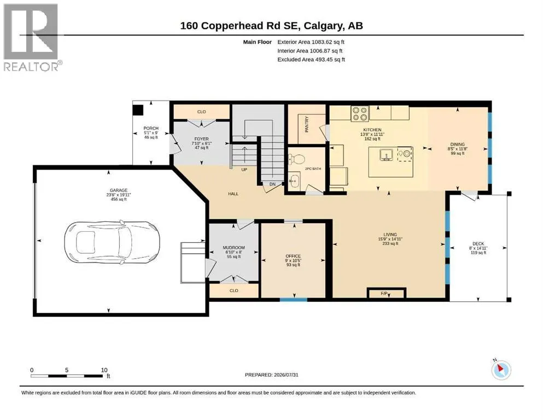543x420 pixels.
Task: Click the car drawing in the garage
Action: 112,243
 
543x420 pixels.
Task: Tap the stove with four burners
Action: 360,114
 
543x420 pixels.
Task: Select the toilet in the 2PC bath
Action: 296,159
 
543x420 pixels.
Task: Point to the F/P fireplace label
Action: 384,294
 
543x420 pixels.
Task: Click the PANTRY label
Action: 307,124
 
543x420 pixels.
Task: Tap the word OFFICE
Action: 293,256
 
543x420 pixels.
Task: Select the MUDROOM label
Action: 233,248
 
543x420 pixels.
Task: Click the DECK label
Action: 478,244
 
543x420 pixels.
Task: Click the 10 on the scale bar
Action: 104,370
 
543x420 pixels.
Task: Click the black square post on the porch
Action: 138,110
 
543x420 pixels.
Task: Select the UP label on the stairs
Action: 244,170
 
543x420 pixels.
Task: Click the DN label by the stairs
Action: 272,184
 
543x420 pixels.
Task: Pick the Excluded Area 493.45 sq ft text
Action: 311,60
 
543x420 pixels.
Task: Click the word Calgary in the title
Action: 324,26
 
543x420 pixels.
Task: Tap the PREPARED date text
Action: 271,375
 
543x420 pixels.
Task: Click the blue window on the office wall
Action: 294,300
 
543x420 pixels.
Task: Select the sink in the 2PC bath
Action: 295,180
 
